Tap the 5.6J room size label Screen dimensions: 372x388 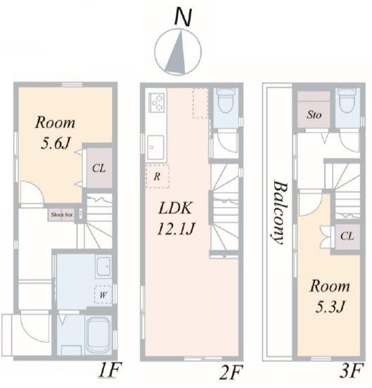click(x=56, y=143)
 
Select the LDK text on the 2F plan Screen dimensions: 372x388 click(x=175, y=208)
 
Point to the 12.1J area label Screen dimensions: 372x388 click(x=176, y=229)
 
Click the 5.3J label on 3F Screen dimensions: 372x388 click(x=330, y=307)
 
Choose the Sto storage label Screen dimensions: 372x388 click(x=314, y=115)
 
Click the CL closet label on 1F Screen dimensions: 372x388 click(x=99, y=168)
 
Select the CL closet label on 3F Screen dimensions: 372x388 click(x=347, y=236)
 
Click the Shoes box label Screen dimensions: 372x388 click(x=62, y=215)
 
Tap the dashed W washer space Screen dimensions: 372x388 click(x=103, y=295)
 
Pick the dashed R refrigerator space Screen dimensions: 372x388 click(x=158, y=176)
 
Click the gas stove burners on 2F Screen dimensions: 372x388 click(x=156, y=102)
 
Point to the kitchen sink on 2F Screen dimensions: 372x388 click(x=155, y=147)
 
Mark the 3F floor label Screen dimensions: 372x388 click(x=351, y=370)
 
